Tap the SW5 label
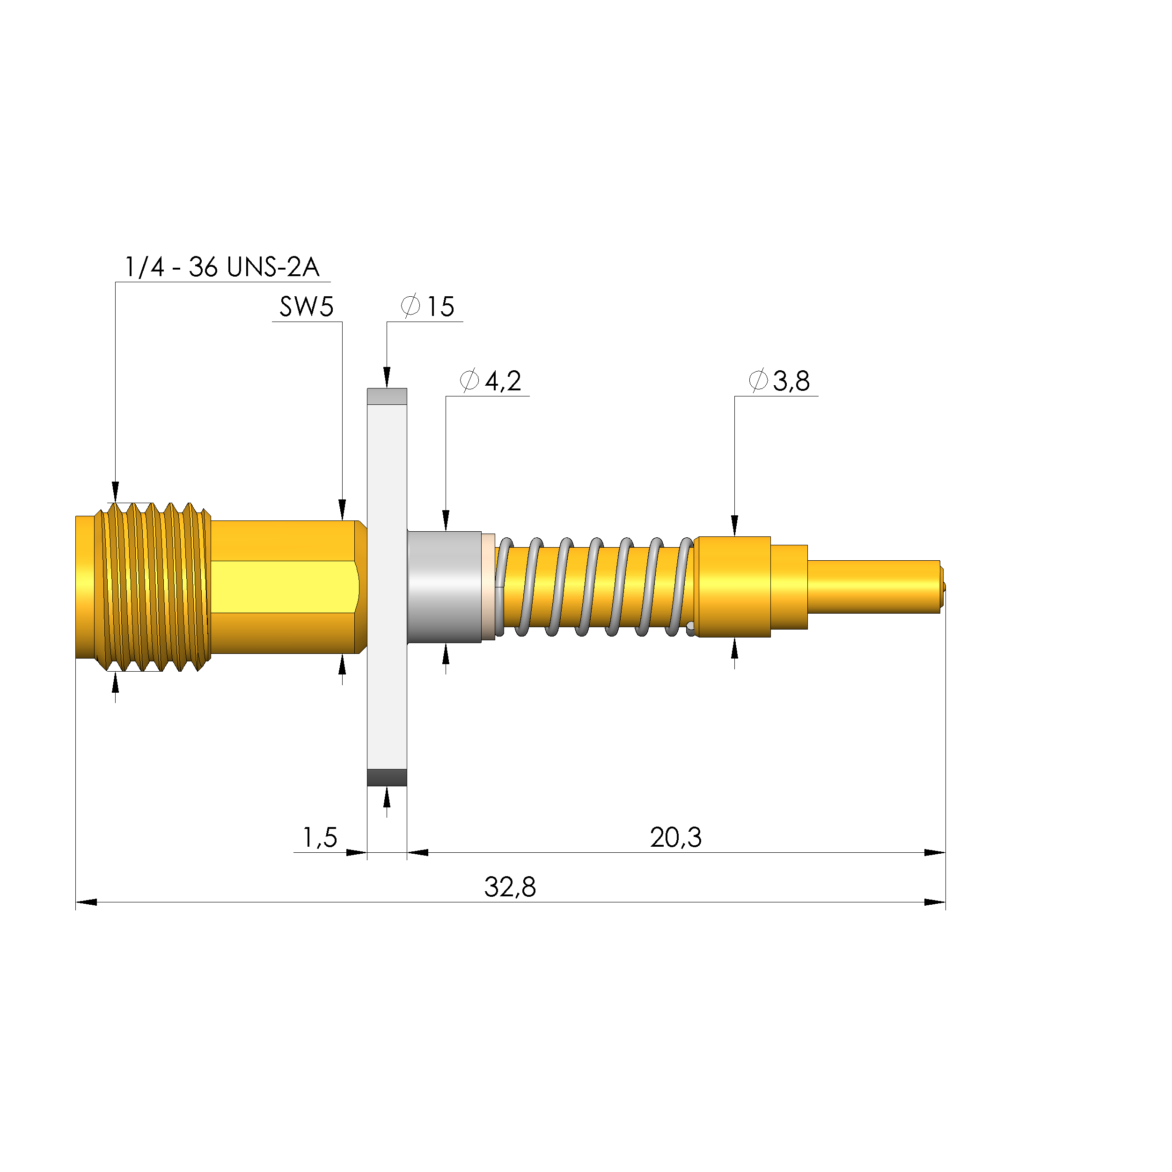coord(307,307)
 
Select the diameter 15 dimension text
coord(428,307)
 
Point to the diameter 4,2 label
coord(490,381)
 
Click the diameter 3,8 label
coord(779,381)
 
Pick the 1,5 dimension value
coord(320,838)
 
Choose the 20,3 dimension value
coord(676,838)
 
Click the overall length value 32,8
coord(510,887)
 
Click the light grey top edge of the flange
coord(387,396)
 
